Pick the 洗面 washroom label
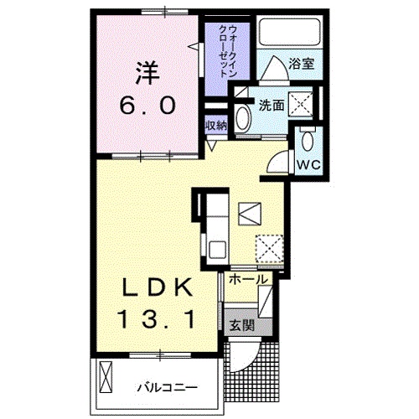pos(270,106)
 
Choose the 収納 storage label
pos(216,125)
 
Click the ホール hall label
pos(248,279)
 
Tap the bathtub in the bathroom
pos(290,34)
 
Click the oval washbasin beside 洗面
pos(244,116)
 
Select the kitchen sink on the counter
pos(217,249)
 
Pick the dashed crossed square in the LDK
pos(268,247)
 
